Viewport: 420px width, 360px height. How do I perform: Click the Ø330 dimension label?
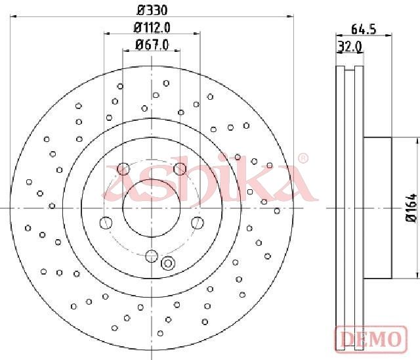tap(152, 11)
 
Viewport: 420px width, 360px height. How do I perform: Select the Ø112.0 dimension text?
tap(152, 28)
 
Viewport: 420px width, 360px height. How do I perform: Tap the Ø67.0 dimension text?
tap(152, 45)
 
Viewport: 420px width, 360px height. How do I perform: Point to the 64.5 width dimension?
tap(364, 29)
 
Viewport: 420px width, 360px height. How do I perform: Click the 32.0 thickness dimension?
tap(350, 47)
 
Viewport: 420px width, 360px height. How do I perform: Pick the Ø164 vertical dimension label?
tap(411, 207)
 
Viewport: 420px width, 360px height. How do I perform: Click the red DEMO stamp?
tap(371, 339)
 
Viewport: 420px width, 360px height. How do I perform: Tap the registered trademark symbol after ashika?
tap(303, 158)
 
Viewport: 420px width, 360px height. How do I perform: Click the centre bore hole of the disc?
tap(152, 208)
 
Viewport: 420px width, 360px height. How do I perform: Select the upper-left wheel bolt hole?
tap(123, 169)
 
